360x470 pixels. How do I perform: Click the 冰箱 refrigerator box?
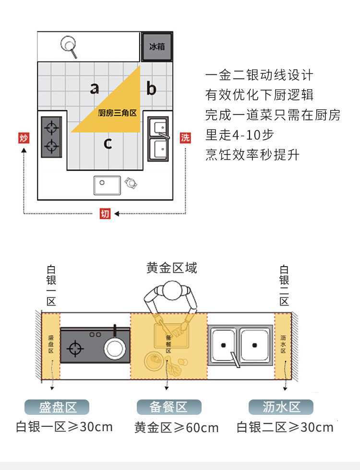click(157, 47)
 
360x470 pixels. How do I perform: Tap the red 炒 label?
click(24, 139)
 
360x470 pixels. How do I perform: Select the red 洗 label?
click(185, 138)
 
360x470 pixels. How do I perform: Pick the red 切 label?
click(105, 213)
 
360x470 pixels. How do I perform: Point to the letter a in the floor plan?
click(95, 88)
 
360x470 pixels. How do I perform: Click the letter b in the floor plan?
click(151, 89)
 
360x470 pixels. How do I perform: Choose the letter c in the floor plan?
click(108, 143)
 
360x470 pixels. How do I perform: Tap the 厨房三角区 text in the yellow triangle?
click(118, 113)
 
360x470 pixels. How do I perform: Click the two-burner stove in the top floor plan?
click(52, 137)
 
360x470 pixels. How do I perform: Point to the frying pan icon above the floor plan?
click(69, 46)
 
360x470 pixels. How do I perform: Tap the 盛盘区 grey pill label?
click(58, 407)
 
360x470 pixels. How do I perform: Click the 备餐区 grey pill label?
click(168, 407)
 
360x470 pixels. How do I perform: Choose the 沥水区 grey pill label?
click(281, 407)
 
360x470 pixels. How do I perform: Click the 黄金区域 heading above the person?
click(171, 268)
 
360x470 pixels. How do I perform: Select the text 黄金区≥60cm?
click(177, 427)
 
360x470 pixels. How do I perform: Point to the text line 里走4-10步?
click(240, 135)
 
